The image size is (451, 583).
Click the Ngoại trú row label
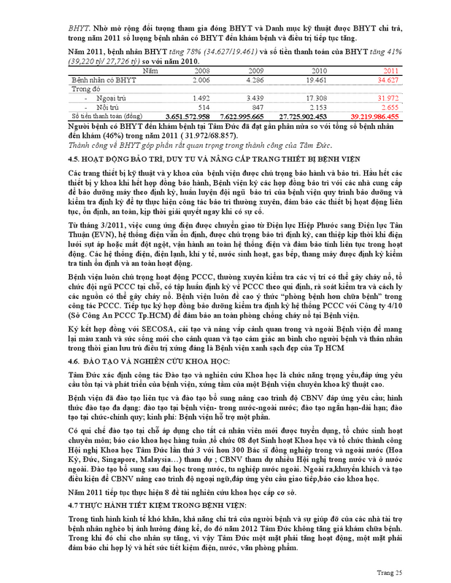pyautogui.click(x=104, y=97)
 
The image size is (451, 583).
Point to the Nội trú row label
pyautogui.click(x=101, y=106)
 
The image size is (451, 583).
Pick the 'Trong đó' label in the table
pyautogui.click(x=85, y=87)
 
